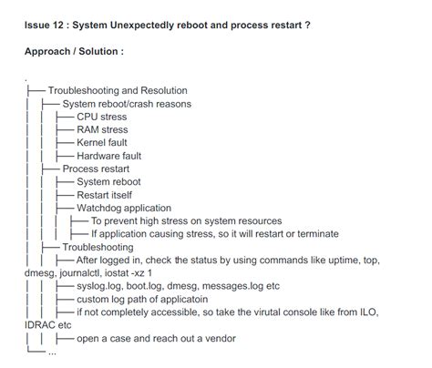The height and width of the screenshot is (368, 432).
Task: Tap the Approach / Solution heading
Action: [x=73, y=51]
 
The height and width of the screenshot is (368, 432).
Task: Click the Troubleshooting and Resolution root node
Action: [x=118, y=91]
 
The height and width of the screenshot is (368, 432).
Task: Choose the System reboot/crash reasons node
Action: [x=127, y=104]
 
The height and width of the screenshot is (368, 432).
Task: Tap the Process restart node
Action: [x=96, y=169]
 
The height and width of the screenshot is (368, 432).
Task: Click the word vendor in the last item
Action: [x=217, y=338]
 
